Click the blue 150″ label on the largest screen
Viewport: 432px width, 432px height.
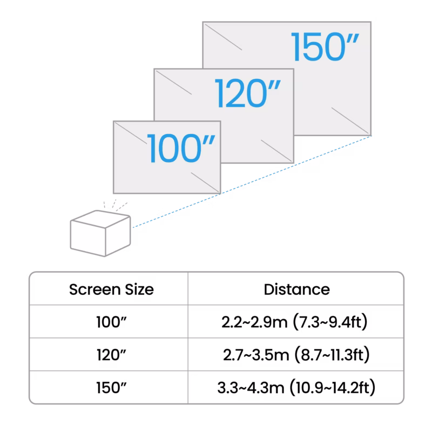click(x=325, y=47)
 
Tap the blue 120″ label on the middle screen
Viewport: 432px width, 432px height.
click(x=248, y=93)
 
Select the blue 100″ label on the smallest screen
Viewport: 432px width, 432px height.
click(x=181, y=148)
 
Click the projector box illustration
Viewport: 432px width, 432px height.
click(x=100, y=233)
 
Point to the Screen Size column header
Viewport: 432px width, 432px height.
click(x=111, y=289)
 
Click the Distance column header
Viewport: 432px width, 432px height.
click(x=296, y=289)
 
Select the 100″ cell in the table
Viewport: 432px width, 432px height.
click(x=111, y=322)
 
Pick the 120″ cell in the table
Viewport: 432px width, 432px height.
click(x=111, y=355)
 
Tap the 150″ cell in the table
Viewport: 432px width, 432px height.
click(x=111, y=388)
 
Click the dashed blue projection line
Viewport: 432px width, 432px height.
click(x=252, y=181)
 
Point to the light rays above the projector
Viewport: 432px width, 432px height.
click(x=115, y=205)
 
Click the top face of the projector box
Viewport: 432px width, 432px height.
click(x=100, y=219)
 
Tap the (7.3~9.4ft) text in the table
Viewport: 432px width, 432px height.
click(x=330, y=322)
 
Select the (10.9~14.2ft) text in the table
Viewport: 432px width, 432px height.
click(x=333, y=388)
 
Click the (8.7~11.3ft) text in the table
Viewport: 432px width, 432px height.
click(x=332, y=355)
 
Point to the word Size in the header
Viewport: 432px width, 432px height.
click(x=139, y=289)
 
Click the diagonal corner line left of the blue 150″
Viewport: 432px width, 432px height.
click(x=223, y=37)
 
